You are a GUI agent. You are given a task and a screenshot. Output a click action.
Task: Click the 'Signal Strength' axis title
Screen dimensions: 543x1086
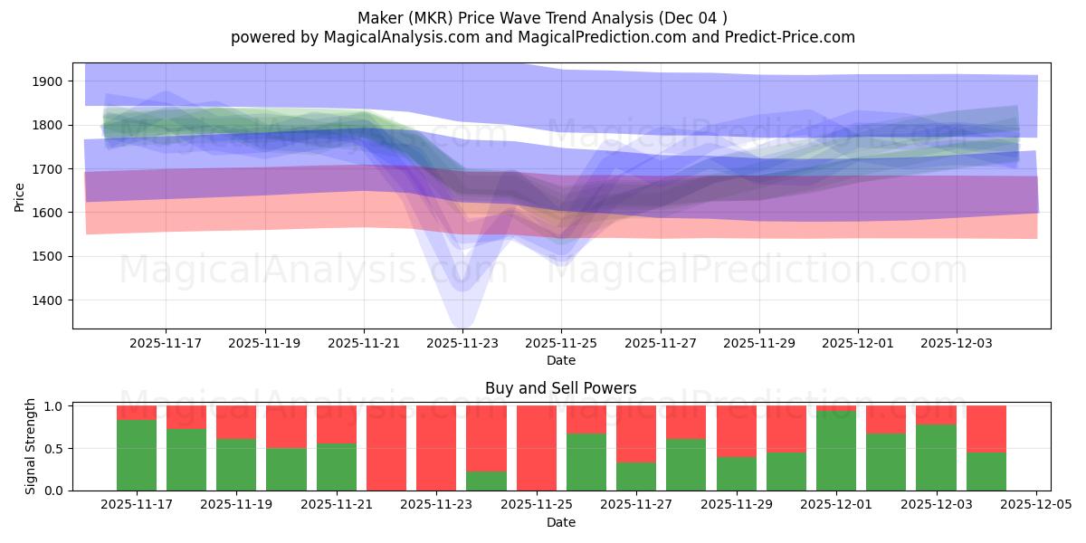point(31,446)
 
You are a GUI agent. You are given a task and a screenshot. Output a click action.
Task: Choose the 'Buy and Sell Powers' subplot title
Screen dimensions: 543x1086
point(560,388)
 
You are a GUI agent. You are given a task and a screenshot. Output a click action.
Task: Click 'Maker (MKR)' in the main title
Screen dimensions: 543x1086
point(405,18)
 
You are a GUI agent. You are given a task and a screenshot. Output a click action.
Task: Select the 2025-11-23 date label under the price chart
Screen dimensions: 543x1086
point(462,343)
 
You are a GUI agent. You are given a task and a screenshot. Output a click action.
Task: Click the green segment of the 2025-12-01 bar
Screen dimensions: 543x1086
point(836,451)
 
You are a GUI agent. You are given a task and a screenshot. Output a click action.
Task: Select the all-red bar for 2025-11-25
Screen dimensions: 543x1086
point(537,448)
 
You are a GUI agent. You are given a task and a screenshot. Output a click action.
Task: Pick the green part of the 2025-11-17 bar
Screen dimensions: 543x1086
point(137,454)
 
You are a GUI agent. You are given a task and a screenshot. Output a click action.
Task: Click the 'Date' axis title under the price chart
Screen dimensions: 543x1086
point(560,360)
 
